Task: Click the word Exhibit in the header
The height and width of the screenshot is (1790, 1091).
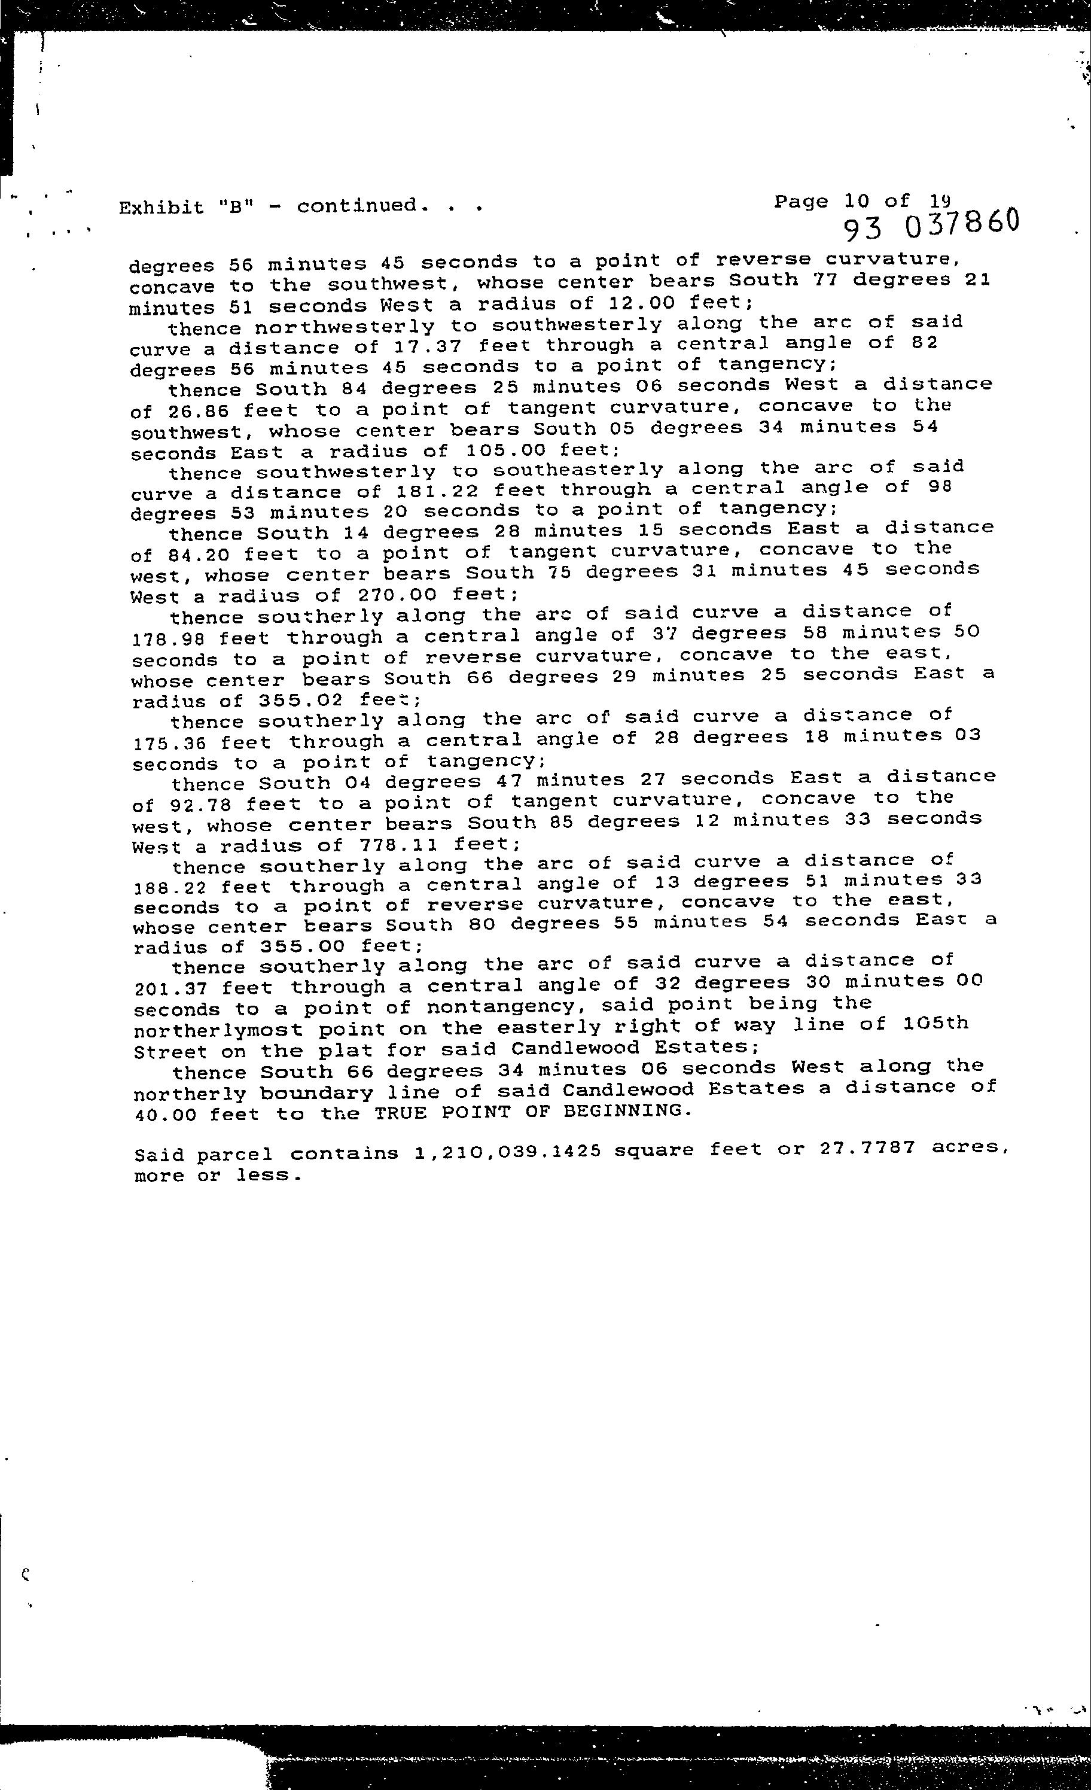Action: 161,208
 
